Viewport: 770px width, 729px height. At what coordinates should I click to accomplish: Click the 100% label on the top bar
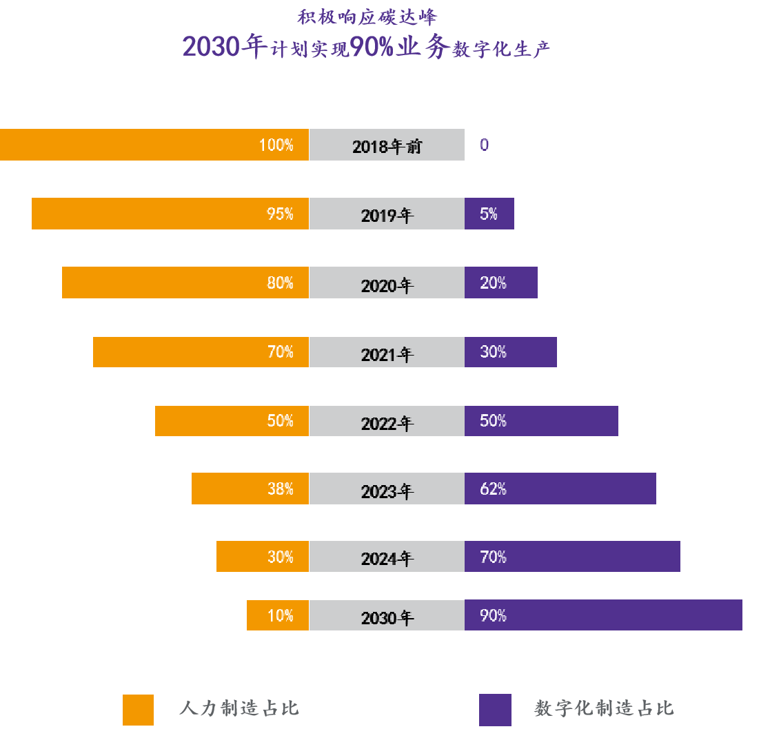[x=276, y=145]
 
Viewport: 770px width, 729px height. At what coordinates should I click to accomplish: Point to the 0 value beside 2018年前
[x=485, y=145]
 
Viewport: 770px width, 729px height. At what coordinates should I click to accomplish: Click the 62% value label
[x=493, y=489]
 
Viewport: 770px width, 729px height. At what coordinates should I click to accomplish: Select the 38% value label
[x=280, y=489]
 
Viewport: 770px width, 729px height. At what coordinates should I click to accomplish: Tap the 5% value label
[x=489, y=214]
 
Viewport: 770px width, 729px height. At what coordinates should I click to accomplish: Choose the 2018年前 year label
[x=387, y=146]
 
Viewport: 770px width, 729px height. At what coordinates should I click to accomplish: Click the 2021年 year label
[x=387, y=354]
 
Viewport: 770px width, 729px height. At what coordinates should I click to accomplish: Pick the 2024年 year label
[x=387, y=558]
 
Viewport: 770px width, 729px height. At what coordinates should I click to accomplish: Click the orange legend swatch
[x=138, y=710]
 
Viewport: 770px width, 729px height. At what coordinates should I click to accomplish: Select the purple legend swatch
[x=495, y=710]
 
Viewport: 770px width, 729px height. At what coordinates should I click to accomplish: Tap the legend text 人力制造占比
[x=239, y=708]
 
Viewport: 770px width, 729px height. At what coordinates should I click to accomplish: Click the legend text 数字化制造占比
[x=604, y=708]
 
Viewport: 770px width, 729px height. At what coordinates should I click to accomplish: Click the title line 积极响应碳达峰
[x=367, y=17]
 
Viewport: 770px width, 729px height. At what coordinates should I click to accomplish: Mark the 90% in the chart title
[x=371, y=47]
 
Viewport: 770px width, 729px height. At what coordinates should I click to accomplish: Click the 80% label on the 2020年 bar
[x=280, y=283]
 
